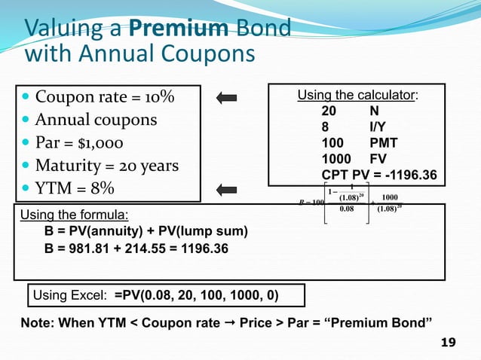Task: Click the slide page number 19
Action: point(448,343)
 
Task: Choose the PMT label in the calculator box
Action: point(384,143)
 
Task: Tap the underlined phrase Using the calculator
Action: point(357,95)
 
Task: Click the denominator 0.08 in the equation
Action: point(347,210)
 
